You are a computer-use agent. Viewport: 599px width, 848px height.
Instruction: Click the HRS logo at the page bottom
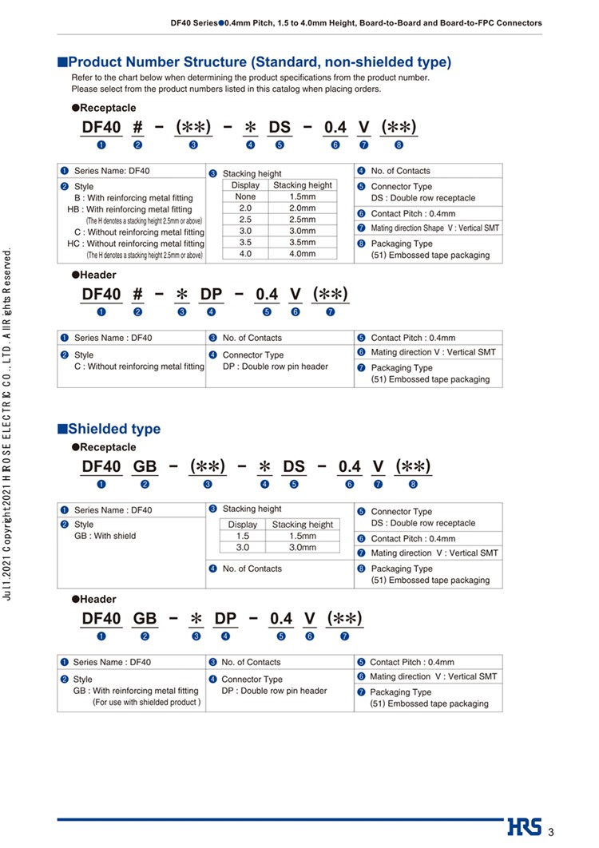tap(524, 828)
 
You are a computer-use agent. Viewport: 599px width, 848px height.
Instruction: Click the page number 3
tap(550, 831)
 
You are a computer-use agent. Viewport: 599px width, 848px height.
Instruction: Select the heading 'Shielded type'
tap(113, 429)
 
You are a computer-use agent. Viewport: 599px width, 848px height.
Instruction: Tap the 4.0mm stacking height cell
tap(303, 254)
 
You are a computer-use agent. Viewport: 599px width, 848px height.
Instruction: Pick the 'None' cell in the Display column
tap(245, 196)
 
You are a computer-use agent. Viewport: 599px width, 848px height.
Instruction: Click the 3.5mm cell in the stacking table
tap(303, 243)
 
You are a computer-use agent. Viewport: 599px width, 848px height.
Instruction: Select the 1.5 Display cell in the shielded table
tap(243, 536)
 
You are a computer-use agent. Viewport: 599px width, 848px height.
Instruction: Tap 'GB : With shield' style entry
tap(105, 536)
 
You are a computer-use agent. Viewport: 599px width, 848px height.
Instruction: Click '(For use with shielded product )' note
tap(147, 703)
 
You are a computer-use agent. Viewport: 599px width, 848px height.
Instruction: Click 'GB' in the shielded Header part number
tap(145, 618)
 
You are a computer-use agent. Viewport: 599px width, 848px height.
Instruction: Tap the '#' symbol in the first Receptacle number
tap(137, 127)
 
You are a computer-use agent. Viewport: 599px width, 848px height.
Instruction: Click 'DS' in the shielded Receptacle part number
tap(294, 466)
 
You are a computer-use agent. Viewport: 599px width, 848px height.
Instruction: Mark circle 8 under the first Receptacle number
tap(399, 145)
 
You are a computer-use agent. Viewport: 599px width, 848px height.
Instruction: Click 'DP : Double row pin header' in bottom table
tap(274, 691)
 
